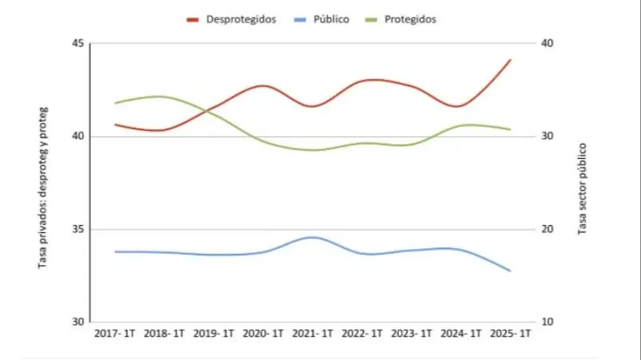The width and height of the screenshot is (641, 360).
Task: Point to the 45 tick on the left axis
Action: (77, 44)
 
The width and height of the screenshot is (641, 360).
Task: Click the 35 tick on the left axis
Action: (77, 230)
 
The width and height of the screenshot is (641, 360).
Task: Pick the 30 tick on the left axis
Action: (77, 322)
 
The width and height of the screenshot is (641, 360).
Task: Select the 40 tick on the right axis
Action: (549, 44)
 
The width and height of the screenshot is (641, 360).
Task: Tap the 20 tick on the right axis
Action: (549, 230)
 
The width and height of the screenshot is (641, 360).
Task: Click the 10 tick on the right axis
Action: (549, 322)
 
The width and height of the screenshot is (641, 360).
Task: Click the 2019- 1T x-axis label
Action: (215, 334)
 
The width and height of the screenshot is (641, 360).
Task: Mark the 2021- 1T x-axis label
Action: (313, 334)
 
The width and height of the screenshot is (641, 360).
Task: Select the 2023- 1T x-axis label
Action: (412, 334)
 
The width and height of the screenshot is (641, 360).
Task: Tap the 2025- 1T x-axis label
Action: (511, 334)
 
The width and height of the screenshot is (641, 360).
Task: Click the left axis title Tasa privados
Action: (43, 186)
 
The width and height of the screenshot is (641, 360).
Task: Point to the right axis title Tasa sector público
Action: (583, 188)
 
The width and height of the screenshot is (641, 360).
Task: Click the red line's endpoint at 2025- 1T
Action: (511, 60)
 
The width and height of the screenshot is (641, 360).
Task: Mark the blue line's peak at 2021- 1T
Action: (313, 237)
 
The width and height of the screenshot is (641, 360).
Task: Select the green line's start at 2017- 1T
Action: (116, 103)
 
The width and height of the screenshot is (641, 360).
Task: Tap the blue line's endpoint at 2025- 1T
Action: (511, 271)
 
